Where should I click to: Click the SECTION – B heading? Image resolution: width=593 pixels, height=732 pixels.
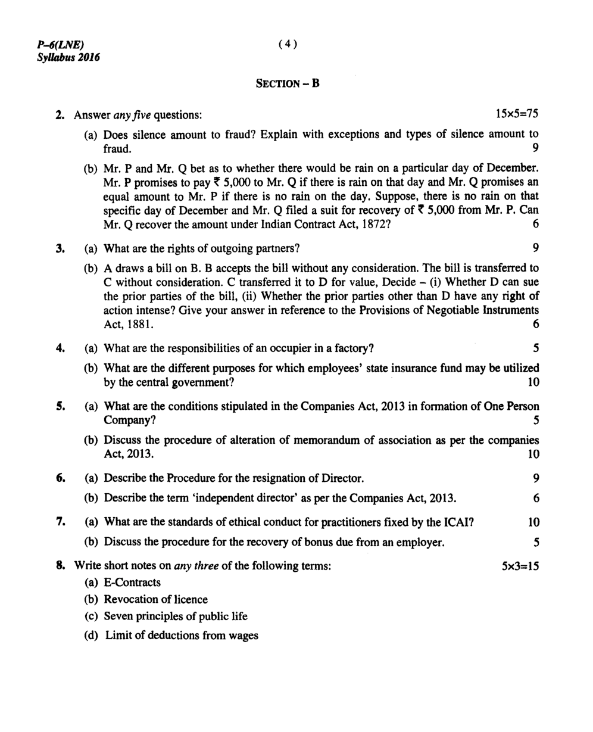(x=288, y=84)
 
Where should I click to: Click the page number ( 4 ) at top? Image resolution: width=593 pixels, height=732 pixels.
(x=287, y=44)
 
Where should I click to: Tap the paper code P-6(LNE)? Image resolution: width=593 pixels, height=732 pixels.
(x=61, y=45)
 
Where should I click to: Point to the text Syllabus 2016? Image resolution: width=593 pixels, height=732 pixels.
(x=68, y=57)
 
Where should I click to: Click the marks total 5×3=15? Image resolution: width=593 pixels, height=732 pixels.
(x=520, y=566)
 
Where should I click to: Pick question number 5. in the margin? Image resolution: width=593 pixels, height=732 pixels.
(x=60, y=406)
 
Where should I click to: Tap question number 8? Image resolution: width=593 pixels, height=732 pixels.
(x=60, y=566)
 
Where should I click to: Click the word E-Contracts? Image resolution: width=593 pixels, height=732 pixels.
(x=132, y=583)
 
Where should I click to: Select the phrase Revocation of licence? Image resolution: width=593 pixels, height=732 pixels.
(x=155, y=600)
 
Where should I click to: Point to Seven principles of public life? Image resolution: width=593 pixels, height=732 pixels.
(x=176, y=616)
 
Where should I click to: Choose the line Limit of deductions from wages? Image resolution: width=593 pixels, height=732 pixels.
(x=182, y=636)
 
